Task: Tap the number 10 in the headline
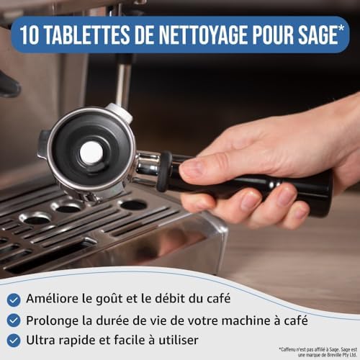(x=30, y=35)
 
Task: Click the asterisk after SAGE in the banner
(x=341, y=28)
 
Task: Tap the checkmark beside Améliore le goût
(x=14, y=300)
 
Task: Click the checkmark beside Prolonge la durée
(x=14, y=320)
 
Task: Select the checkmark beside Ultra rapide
(x=14, y=341)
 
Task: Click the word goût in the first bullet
(x=109, y=300)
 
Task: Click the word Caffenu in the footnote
(x=288, y=349)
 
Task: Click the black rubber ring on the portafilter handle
(x=164, y=171)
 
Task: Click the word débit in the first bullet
(x=170, y=298)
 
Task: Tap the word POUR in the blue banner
(x=272, y=35)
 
